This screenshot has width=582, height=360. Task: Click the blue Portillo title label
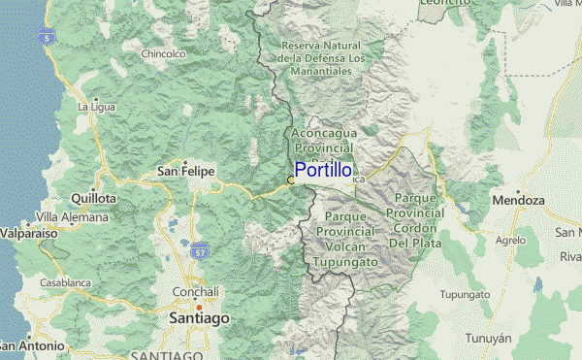coord(323,170)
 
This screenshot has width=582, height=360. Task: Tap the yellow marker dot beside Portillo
coord(291,180)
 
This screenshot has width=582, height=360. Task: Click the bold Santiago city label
coord(199,318)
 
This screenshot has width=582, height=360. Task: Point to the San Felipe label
coord(185,172)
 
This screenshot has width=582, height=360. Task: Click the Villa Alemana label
coord(68,217)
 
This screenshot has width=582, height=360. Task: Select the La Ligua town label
coord(97,106)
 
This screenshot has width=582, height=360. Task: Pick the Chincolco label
coord(163,54)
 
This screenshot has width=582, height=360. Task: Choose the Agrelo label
coord(509,240)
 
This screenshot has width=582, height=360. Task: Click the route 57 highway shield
coord(201,251)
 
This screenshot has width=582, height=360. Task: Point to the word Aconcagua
coord(324,131)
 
